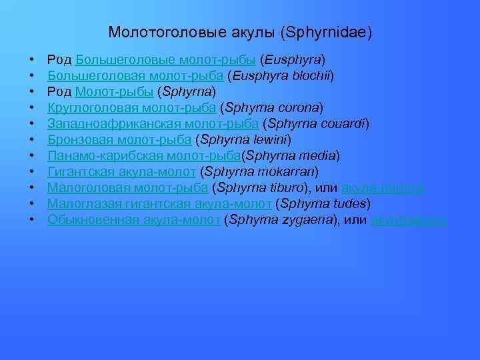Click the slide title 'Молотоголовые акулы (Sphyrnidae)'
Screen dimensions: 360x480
tap(240, 32)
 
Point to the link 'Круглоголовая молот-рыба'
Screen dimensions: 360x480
tap(131, 107)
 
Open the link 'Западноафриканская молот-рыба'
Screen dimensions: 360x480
tap(153, 123)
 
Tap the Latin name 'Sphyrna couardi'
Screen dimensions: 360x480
tap(316, 123)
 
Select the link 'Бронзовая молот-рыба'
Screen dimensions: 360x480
tap(120, 139)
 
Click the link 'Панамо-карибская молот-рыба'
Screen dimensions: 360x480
tap(143, 155)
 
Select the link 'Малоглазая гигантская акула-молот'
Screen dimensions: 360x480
tap(159, 203)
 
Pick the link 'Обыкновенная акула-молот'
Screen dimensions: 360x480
tap(133, 219)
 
